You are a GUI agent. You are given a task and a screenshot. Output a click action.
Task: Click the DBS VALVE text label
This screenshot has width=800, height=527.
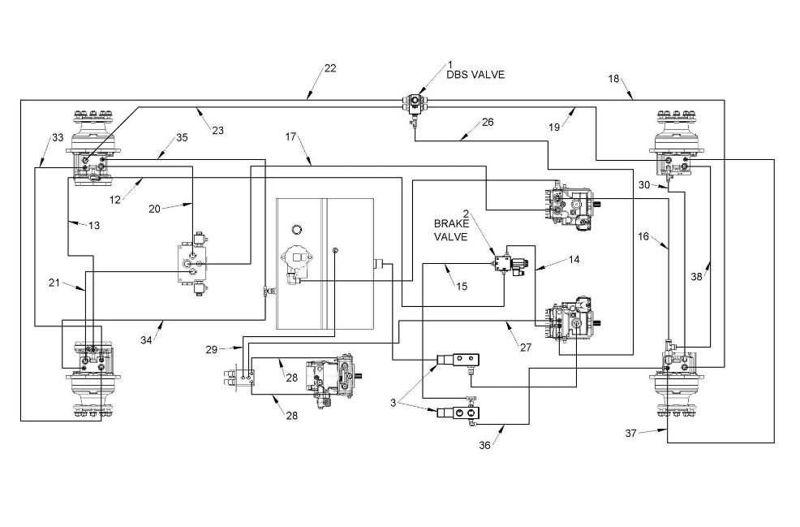pos(475,75)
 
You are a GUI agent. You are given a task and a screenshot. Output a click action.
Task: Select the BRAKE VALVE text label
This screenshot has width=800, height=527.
pos(451,231)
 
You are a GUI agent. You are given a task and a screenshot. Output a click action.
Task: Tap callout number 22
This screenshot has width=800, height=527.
pos(330,68)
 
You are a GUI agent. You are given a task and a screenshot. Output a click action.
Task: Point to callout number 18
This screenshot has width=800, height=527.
pos(613,79)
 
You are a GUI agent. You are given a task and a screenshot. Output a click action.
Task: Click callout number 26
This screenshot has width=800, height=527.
pos(488,122)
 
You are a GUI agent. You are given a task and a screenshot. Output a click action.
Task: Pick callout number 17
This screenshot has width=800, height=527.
pos(290,137)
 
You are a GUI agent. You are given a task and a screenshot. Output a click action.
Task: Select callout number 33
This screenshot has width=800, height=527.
pos(58,137)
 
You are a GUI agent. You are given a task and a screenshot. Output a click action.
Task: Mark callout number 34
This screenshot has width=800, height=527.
pos(146,340)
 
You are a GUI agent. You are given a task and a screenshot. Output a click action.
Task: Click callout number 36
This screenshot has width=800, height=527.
pos(484,445)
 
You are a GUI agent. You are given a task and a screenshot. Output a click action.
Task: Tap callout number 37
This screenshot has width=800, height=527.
pos(631,434)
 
